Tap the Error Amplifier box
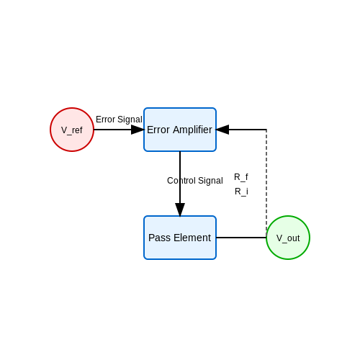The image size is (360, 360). [180, 130]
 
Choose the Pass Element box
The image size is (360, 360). [180, 238]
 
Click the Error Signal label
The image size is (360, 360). [119, 120]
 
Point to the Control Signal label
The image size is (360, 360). [195, 181]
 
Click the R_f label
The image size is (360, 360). [241, 177]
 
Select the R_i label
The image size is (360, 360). [241, 192]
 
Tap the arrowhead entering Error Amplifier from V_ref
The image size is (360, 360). [138, 130]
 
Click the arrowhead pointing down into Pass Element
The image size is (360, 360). [180, 210]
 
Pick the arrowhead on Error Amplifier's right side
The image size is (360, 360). [222, 130]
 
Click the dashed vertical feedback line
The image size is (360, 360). [266, 181]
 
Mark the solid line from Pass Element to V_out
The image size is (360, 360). [241, 238]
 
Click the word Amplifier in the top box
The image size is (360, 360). [192, 130]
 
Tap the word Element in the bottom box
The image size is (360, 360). [192, 238]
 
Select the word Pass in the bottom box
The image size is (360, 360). [159, 238]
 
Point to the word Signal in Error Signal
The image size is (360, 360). [130, 120]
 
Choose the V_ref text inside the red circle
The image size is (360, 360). [72, 130]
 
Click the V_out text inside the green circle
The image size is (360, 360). [288, 238]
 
